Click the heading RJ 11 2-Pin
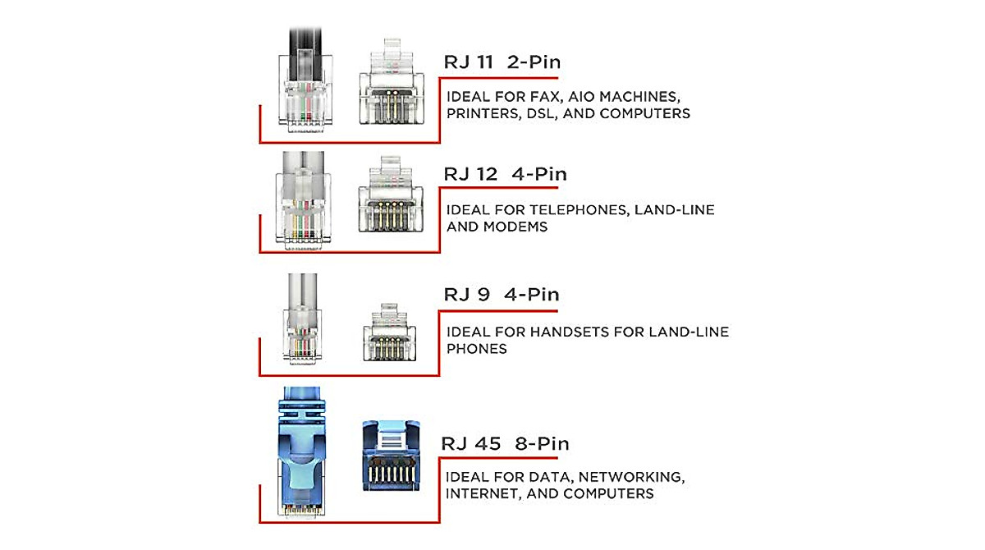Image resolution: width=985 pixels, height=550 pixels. [502, 62]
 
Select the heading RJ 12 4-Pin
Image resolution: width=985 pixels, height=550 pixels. [506, 174]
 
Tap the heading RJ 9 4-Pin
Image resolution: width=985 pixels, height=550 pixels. [502, 294]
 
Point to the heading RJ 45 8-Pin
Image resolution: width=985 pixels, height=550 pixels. [505, 443]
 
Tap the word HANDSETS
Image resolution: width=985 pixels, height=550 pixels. [570, 332]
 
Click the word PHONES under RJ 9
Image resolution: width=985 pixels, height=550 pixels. [477, 349]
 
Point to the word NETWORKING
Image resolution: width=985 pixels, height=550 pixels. [631, 477]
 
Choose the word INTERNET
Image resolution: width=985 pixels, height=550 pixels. [483, 493]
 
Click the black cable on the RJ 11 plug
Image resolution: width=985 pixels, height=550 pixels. [305, 53]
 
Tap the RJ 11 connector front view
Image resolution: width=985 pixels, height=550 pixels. [392, 81]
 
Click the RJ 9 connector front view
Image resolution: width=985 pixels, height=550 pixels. [390, 332]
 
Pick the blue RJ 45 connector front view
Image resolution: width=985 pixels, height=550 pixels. [391, 456]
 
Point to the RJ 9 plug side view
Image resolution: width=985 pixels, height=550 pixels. [302, 319]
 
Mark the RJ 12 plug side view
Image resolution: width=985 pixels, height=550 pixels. [303, 201]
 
